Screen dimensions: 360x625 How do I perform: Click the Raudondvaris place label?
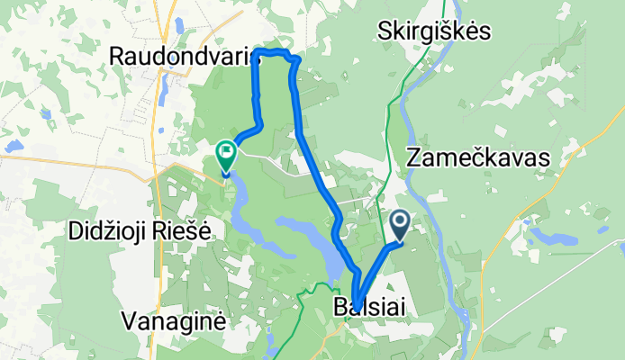tap(179, 56)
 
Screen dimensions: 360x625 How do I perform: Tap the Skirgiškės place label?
tap(435, 31)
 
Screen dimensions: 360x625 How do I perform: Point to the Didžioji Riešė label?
tap(140, 230)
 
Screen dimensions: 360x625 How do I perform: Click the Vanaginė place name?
tap(175, 320)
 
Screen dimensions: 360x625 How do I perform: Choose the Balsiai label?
tap(368, 307)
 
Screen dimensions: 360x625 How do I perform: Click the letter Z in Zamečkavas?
tap(414, 158)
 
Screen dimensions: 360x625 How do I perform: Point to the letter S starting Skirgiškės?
tap(386, 31)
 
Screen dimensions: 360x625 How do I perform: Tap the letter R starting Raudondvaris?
tap(115, 56)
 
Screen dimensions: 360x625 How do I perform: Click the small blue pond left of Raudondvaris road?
tap(13, 145)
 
